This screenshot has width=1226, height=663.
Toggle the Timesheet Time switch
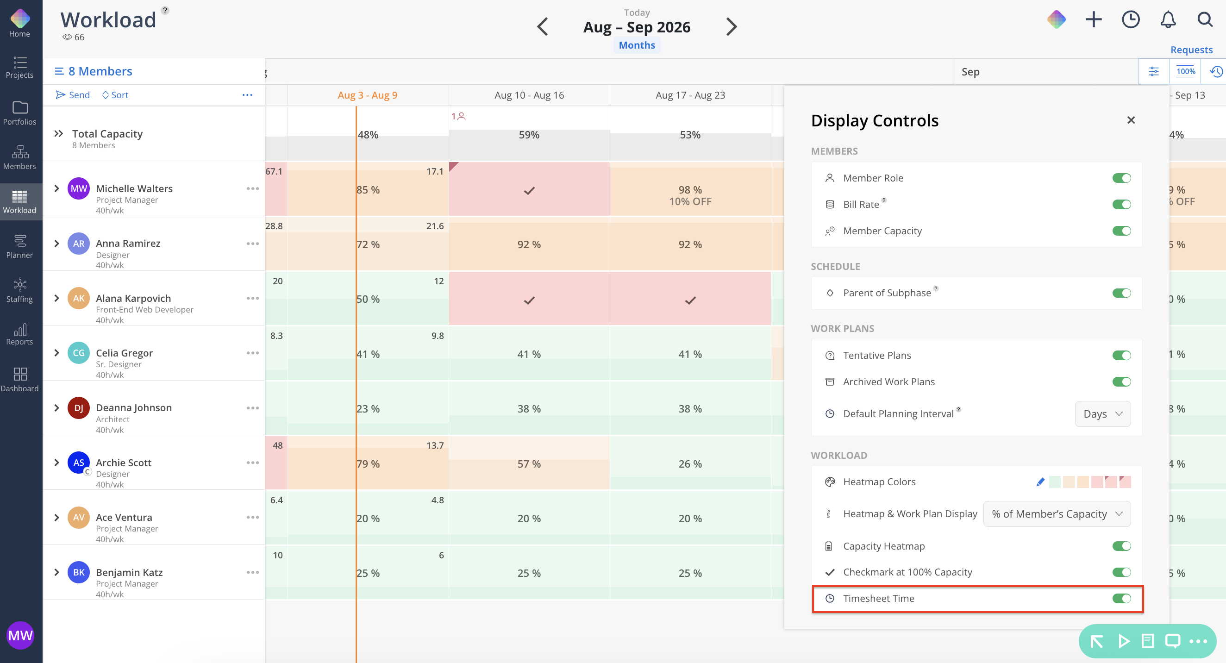(x=1121, y=598)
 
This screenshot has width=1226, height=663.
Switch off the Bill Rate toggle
(x=1121, y=204)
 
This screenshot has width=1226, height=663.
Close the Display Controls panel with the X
(x=1131, y=120)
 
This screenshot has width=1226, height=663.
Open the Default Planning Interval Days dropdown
(x=1103, y=413)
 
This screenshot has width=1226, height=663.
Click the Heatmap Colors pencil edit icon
(x=1040, y=482)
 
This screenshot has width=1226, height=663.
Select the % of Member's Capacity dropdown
(x=1057, y=513)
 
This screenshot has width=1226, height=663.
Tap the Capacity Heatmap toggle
(x=1121, y=546)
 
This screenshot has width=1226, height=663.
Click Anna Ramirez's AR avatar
(x=79, y=244)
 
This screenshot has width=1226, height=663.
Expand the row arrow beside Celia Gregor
(x=56, y=353)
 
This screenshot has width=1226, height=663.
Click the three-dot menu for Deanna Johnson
(x=253, y=408)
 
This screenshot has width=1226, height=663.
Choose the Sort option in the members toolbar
(x=115, y=95)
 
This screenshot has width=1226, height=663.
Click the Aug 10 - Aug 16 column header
(x=529, y=95)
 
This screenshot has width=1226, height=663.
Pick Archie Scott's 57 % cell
(x=529, y=463)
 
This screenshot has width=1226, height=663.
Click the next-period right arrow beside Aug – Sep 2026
(x=732, y=27)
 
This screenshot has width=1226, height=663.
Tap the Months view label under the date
(x=637, y=45)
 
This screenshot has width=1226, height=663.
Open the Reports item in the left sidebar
(x=19, y=335)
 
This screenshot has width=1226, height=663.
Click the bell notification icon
(x=1168, y=19)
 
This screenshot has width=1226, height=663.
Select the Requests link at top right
(x=1191, y=50)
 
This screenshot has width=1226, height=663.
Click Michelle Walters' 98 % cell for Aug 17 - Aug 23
(x=690, y=189)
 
